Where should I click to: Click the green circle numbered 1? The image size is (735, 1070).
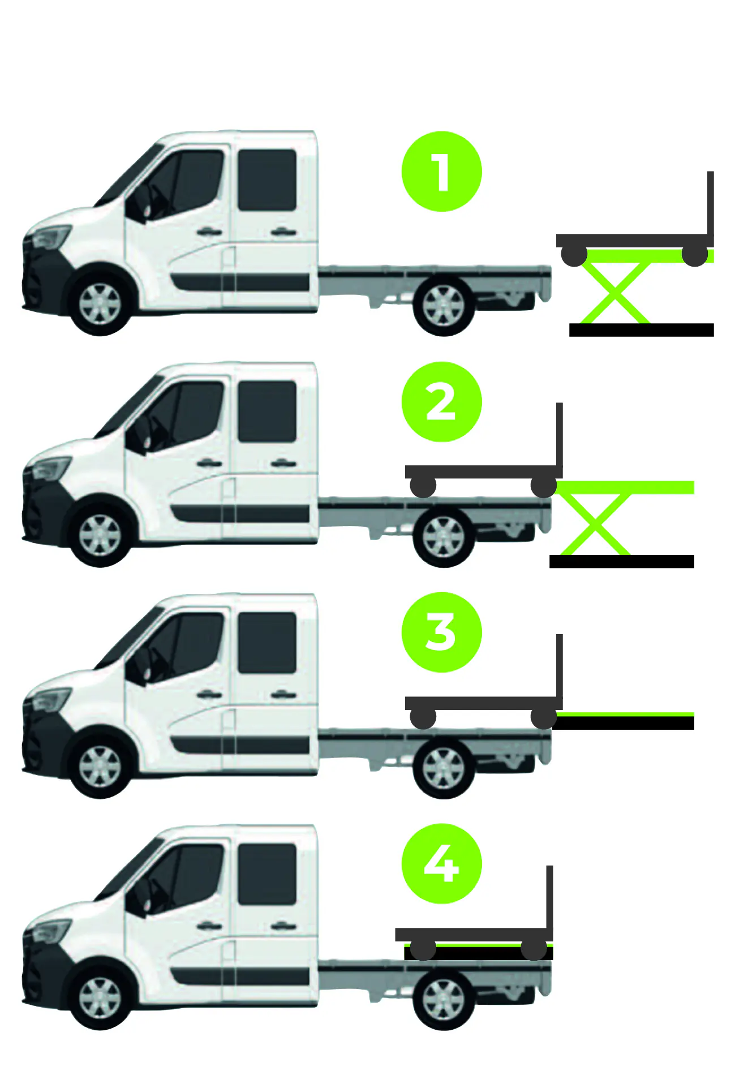pyautogui.click(x=441, y=172)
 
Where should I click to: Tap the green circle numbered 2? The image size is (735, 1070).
pyautogui.click(x=441, y=402)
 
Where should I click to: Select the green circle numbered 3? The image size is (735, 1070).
pyautogui.click(x=441, y=632)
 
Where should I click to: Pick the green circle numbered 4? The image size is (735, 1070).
pyautogui.click(x=441, y=863)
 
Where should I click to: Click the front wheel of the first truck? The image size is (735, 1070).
pyautogui.click(x=100, y=303)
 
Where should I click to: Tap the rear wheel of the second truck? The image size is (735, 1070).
pyautogui.click(x=443, y=536)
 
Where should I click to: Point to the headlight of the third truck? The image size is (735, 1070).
pyautogui.click(x=51, y=700)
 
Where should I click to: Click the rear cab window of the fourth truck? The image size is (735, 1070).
pyautogui.click(x=267, y=874)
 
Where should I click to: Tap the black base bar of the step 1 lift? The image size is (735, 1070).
pyautogui.click(x=641, y=330)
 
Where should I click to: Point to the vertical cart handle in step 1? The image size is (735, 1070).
pyautogui.click(x=710, y=204)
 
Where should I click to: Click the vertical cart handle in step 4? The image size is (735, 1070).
pyautogui.click(x=549, y=897)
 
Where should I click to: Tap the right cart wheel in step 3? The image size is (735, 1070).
pyautogui.click(x=544, y=718)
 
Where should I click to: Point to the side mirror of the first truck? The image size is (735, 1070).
pyautogui.click(x=136, y=207)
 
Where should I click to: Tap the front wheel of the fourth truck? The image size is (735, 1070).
pyautogui.click(x=100, y=998)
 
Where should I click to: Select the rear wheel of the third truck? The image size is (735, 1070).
pyautogui.click(x=443, y=768)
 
